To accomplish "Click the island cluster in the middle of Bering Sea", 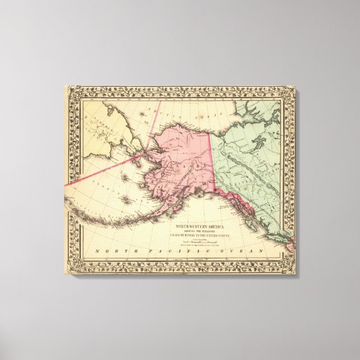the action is pos(124,198).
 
